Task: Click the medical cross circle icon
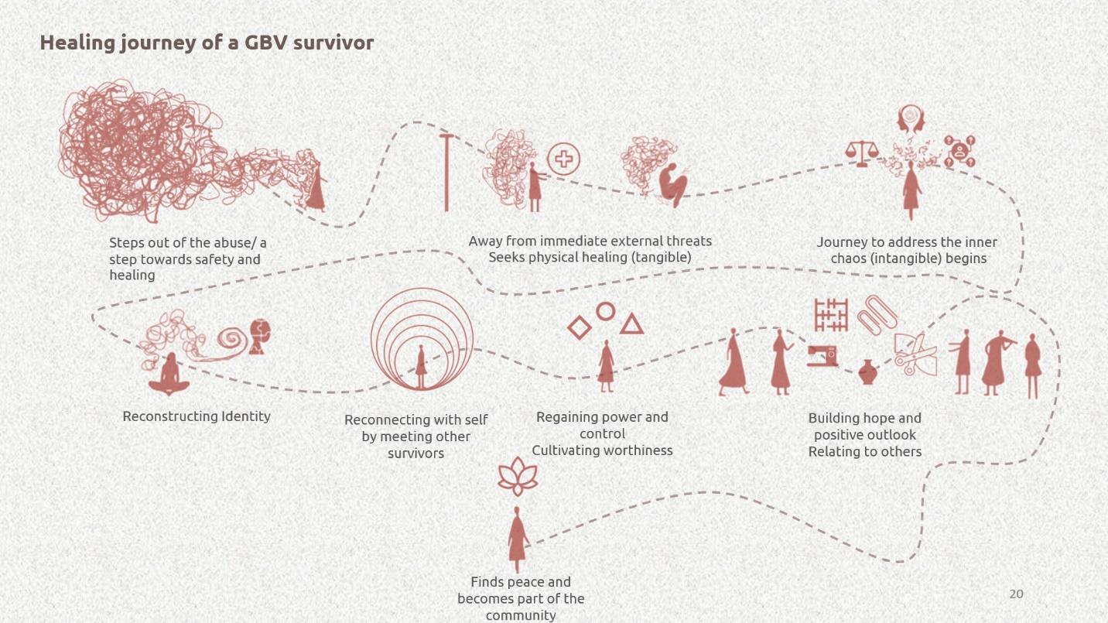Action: (563, 159)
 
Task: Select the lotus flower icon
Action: (518, 476)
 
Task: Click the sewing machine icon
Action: (822, 356)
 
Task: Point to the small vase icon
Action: (867, 371)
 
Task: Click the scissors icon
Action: (915, 354)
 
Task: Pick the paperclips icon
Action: (877, 315)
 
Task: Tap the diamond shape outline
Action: (580, 327)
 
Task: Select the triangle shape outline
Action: (631, 324)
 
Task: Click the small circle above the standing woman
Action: (605, 311)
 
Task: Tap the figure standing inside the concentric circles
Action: (421, 367)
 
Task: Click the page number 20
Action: (1016, 594)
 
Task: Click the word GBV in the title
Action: (266, 43)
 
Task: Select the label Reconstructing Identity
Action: (197, 416)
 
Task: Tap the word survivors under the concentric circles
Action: (415, 454)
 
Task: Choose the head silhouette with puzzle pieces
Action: (260, 337)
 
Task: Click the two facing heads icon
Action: (911, 119)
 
